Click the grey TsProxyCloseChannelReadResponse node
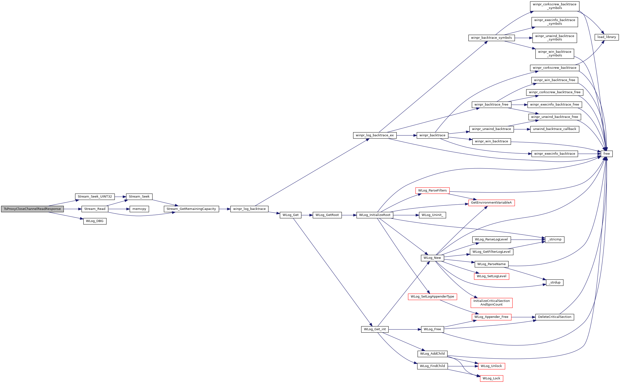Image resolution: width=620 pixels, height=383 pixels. point(32,209)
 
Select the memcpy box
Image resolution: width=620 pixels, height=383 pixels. point(139,209)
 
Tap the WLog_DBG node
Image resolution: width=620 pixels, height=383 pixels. point(95,221)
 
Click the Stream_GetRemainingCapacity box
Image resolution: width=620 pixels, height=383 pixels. point(191,209)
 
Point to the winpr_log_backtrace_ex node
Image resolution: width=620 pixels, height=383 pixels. point(375,135)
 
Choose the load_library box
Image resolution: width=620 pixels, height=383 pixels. point(607,37)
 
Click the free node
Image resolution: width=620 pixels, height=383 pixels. point(607,154)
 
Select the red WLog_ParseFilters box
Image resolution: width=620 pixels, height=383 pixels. point(433,191)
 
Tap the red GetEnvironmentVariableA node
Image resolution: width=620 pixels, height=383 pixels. point(491,203)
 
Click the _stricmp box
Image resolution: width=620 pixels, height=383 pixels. point(555,239)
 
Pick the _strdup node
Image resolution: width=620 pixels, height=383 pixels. point(555,283)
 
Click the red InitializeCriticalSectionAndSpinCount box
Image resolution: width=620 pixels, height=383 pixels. point(492,303)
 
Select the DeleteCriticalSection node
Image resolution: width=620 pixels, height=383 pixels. point(555,317)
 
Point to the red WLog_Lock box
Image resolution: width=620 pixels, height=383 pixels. point(491,378)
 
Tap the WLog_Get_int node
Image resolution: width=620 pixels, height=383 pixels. point(375,329)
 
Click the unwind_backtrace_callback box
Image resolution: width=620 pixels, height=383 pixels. point(555,129)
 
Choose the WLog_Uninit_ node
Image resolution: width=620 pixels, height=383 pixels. point(433,215)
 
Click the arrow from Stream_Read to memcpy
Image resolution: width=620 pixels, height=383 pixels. point(119,209)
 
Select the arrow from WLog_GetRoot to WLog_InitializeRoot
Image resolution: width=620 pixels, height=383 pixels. point(349,215)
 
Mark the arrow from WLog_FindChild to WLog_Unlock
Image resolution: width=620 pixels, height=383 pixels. point(463,366)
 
